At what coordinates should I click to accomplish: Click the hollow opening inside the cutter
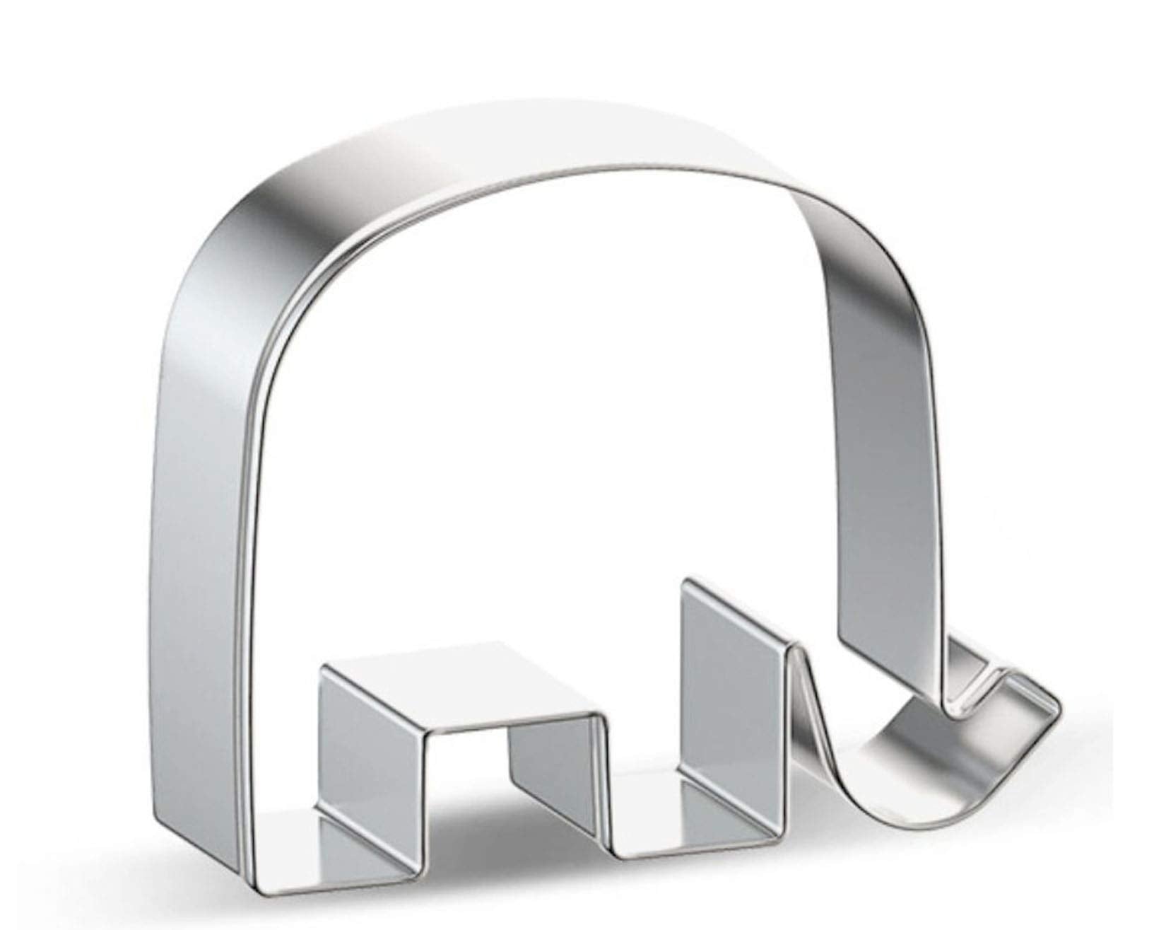pos(551,424)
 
